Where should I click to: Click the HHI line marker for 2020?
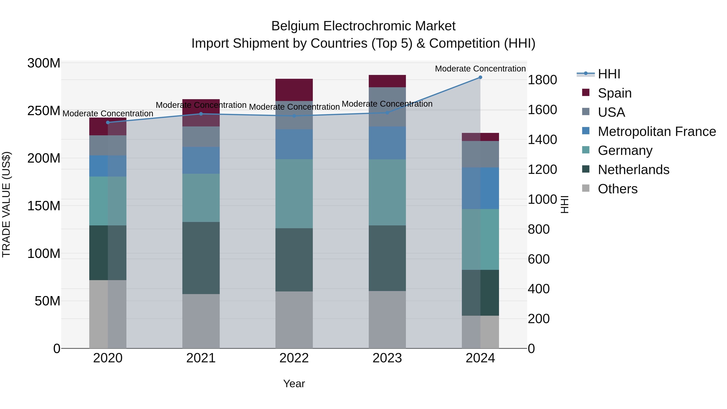(x=108, y=123)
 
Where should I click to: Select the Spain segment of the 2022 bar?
(x=294, y=90)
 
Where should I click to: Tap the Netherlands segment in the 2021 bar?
(x=201, y=258)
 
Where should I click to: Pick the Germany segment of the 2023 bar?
(x=387, y=192)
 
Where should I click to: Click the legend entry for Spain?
(x=614, y=93)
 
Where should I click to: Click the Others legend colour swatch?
(x=586, y=188)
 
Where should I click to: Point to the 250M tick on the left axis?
(x=44, y=111)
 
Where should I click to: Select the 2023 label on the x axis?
(x=387, y=358)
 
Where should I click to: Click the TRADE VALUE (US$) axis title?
(x=6, y=204)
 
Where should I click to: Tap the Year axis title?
(x=294, y=384)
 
